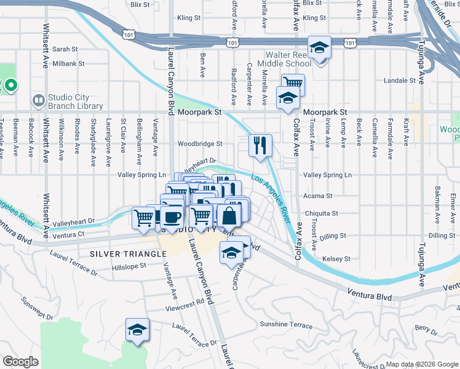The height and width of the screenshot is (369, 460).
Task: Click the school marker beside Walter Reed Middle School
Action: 319,47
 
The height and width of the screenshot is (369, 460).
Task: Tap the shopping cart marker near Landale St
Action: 293,84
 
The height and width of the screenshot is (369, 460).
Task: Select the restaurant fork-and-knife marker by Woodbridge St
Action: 260,146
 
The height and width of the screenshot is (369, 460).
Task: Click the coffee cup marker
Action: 172,216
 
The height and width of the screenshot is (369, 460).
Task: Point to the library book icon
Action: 38,100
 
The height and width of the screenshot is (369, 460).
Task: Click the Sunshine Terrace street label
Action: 286,324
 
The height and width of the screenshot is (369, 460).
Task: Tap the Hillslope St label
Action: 129,267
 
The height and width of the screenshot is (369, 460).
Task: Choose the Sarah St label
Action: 65,49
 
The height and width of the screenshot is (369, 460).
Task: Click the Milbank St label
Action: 68,63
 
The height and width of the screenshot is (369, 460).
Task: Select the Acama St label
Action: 317,196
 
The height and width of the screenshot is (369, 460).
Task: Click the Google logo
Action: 21,362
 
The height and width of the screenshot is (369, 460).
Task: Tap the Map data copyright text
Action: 421,364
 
